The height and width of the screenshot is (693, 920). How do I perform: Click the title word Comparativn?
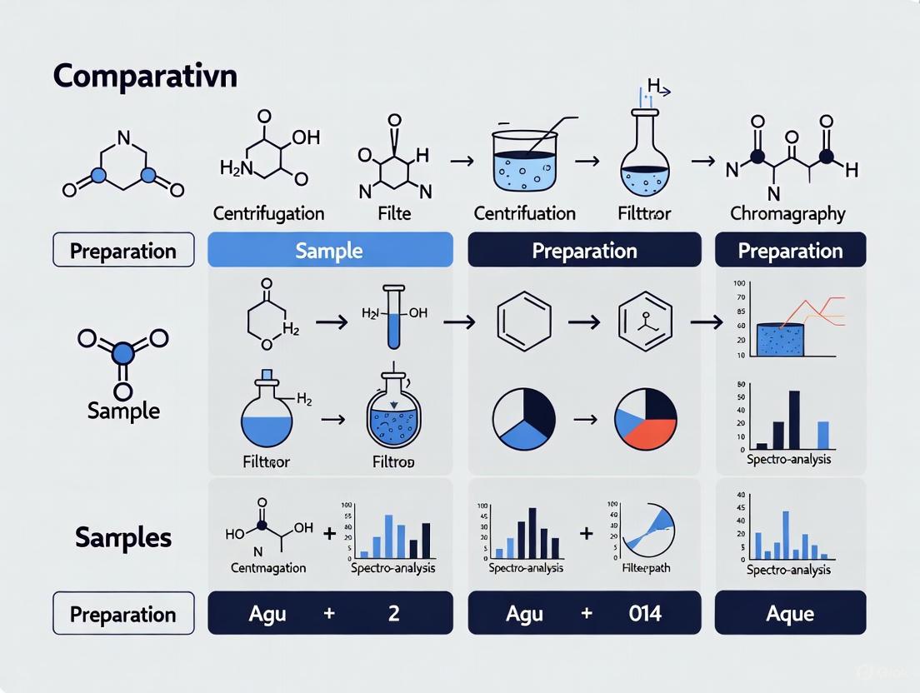click(145, 76)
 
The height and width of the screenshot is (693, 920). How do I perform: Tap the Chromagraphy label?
click(787, 213)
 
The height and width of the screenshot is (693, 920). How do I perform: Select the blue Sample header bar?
click(329, 250)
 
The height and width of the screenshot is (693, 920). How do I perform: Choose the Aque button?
click(790, 614)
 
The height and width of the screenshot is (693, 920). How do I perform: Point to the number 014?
click(645, 614)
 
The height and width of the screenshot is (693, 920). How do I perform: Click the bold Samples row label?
click(123, 537)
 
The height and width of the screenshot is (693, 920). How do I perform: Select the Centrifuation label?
click(524, 213)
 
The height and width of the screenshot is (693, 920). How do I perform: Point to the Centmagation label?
click(256, 568)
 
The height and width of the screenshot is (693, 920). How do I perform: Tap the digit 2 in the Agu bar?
click(393, 614)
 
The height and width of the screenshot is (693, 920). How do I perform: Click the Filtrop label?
click(394, 461)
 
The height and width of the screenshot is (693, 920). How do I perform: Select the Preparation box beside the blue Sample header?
click(123, 250)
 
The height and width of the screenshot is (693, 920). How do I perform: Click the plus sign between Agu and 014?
click(586, 614)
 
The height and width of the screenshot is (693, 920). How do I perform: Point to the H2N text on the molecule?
click(235, 167)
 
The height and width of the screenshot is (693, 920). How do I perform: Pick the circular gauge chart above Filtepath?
click(649, 527)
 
